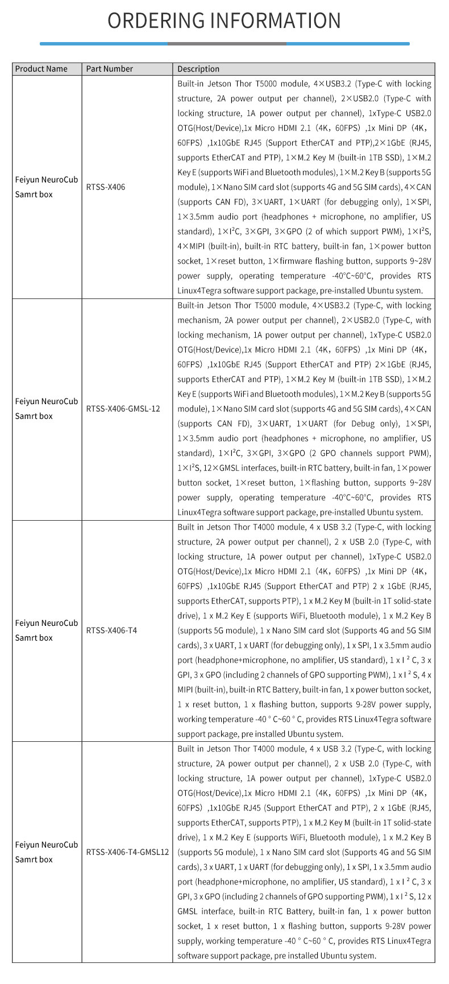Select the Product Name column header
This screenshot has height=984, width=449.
41,69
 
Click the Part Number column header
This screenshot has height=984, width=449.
109,69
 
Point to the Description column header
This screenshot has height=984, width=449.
198,69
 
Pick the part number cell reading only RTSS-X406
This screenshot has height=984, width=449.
106,187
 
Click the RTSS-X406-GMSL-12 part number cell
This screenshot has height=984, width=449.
123,409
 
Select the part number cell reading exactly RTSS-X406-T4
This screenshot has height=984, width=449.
111,630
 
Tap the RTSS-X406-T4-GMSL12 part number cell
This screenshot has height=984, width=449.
127,852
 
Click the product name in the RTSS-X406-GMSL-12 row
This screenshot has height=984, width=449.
46,409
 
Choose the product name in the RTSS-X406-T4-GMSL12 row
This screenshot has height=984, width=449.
46,852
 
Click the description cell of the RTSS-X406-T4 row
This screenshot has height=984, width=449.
304,630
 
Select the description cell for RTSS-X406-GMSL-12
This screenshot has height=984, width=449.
304,409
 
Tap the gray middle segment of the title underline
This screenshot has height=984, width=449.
227,43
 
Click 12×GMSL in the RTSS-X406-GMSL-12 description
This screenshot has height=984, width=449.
217,468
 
